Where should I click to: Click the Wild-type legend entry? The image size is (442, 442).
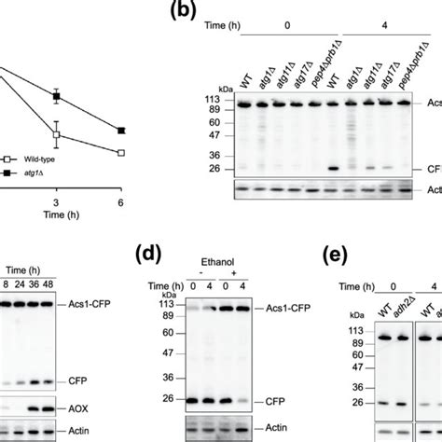pyautogui.click(x=39, y=160)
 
